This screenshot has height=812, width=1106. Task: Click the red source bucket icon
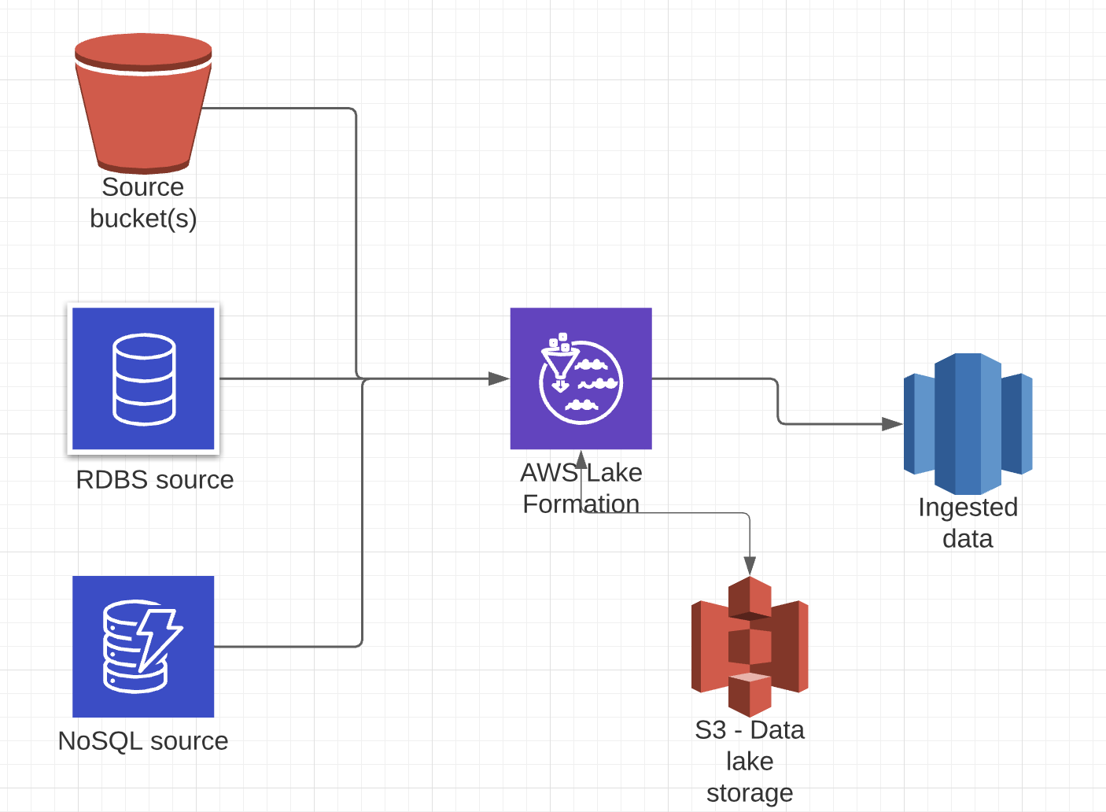pyautogui.click(x=143, y=103)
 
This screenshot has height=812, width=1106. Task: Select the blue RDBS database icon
pyautogui.click(x=143, y=378)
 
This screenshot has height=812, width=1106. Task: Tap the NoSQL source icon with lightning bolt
pyautogui.click(x=143, y=646)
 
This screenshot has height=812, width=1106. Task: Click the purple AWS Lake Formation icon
pyautogui.click(x=581, y=378)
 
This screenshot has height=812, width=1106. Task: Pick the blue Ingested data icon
pyautogui.click(x=968, y=423)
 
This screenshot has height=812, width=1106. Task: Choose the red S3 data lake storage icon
pyautogui.click(x=750, y=646)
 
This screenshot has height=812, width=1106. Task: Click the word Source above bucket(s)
pyautogui.click(x=142, y=187)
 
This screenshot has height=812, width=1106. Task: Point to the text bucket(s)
pyautogui.click(x=143, y=219)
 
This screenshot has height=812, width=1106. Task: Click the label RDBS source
pyautogui.click(x=155, y=480)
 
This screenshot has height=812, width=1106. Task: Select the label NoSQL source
pyautogui.click(x=143, y=741)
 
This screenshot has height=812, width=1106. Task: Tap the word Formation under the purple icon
pyautogui.click(x=581, y=504)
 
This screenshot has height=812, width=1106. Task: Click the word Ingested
pyautogui.click(x=968, y=507)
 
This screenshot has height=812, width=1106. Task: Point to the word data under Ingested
pyautogui.click(x=968, y=539)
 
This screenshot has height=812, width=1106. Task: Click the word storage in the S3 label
pyautogui.click(x=750, y=793)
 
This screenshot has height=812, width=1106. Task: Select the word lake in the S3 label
pyautogui.click(x=750, y=762)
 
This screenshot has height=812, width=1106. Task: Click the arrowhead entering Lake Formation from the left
pyautogui.click(x=499, y=378)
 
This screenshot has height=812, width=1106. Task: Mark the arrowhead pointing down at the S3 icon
pyautogui.click(x=750, y=566)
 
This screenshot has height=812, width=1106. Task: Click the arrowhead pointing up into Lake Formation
pyautogui.click(x=581, y=459)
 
